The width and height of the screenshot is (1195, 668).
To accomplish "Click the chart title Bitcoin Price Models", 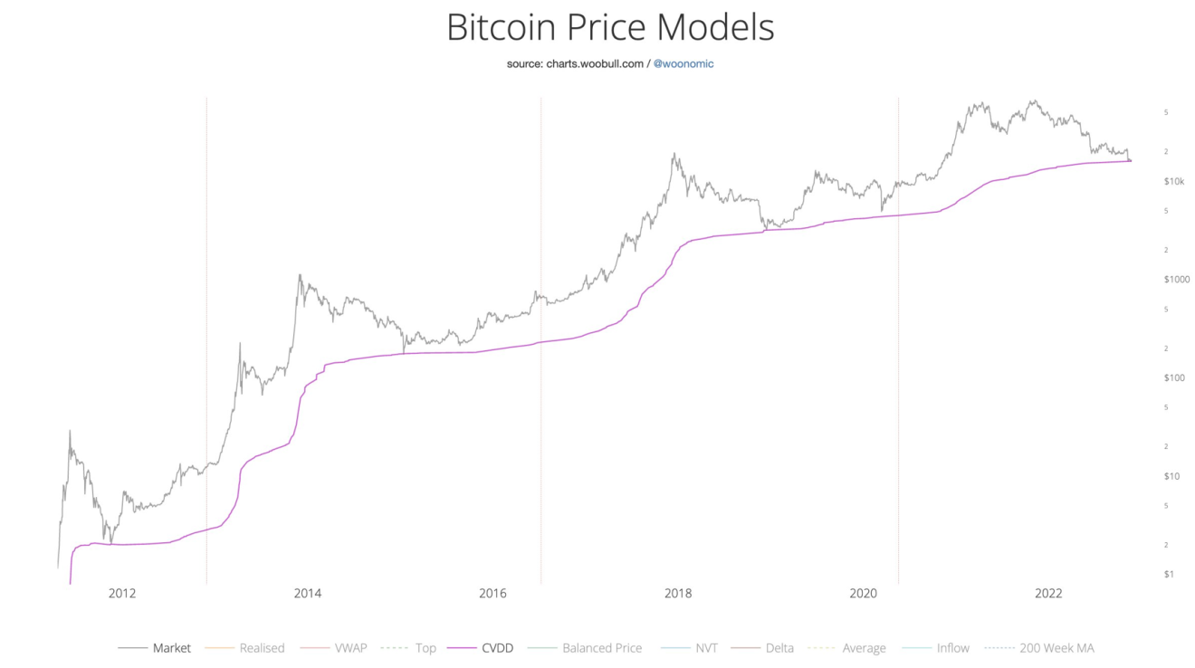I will click(610, 27).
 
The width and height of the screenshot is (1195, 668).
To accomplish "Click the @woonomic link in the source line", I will click(684, 64).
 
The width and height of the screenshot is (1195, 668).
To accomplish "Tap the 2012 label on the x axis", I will click(122, 594).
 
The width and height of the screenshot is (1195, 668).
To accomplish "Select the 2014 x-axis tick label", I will click(308, 594).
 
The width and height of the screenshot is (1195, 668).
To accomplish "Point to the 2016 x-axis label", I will click(492, 594).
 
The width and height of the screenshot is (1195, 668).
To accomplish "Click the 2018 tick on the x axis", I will click(678, 594).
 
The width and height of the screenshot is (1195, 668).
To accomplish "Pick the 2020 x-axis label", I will click(864, 594).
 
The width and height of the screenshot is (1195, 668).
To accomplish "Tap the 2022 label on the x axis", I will click(1048, 594).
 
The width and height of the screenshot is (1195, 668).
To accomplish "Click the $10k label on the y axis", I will click(1174, 181).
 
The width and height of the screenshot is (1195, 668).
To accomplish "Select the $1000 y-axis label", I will click(1177, 280).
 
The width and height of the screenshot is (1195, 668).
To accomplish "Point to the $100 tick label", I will click(1174, 377).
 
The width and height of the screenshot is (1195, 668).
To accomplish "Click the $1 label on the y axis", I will click(1169, 574).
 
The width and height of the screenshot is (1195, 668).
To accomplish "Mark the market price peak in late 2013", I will click(300, 275).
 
